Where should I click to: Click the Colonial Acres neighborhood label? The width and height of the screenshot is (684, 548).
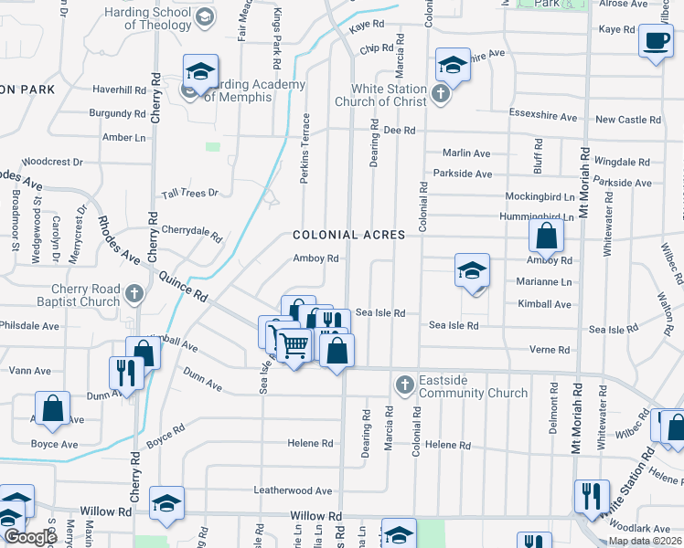348,235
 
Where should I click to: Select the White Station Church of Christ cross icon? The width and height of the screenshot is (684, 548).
441,94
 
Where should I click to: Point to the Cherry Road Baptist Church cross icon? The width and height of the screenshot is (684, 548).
134,294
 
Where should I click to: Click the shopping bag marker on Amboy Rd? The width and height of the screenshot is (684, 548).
546,237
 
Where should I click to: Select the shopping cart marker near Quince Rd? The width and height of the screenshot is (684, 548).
293,346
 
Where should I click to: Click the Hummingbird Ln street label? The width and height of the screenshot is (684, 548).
537,216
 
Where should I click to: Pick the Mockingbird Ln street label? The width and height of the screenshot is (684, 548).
540,196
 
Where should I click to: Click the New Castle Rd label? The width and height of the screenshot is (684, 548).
627,120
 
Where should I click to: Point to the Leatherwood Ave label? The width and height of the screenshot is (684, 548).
293,490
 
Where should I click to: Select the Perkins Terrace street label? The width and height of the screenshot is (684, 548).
305,148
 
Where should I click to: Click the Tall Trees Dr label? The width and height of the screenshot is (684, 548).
190,193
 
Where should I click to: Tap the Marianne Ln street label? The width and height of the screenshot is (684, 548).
544,282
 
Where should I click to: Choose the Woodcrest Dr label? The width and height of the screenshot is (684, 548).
52,162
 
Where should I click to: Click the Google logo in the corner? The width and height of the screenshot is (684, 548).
30,537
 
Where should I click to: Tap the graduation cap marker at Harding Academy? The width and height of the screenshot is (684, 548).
201,71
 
